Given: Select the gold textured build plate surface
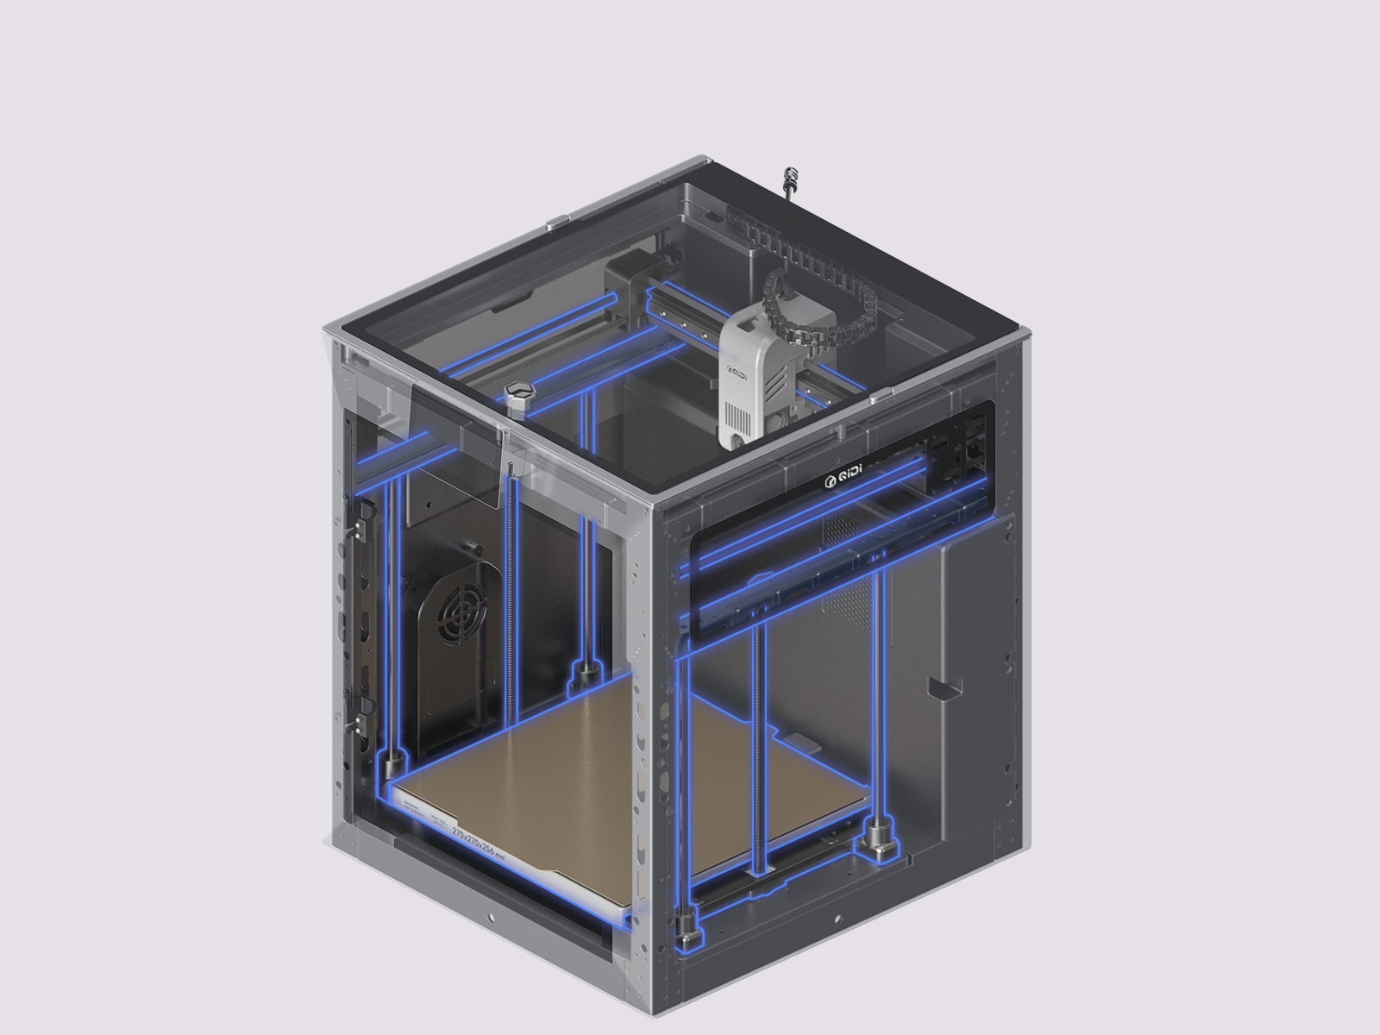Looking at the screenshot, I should (x=621, y=776).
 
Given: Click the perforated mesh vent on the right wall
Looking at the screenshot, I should (x=850, y=569).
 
